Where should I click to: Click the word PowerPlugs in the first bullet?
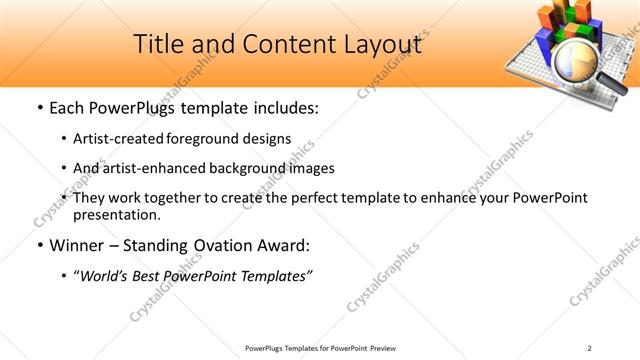pyautogui.click(x=133, y=107)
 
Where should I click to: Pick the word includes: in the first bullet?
pyautogui.click(x=282, y=107)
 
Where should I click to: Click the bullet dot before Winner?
pyautogui.click(x=38, y=245)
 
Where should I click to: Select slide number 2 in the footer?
pyautogui.click(x=590, y=348)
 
